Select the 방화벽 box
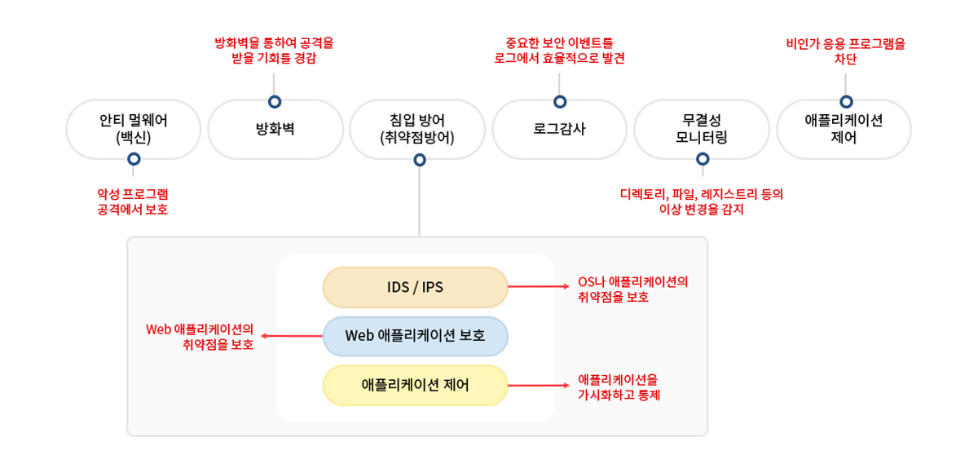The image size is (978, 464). (x=275, y=129)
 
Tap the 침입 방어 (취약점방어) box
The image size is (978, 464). (x=417, y=129)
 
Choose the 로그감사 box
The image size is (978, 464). (x=559, y=129)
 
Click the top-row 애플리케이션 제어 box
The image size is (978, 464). (x=844, y=129)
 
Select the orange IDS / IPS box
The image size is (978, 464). (x=415, y=287)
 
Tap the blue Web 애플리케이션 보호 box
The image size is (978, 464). (x=415, y=336)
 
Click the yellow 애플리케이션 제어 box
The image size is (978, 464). (x=415, y=385)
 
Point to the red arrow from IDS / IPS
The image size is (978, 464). (x=538, y=287)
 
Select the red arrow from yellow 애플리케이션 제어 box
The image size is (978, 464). (x=538, y=385)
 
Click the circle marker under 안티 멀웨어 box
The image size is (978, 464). (x=134, y=160)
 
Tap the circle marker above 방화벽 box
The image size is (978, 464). (x=275, y=102)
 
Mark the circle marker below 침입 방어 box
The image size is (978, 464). (x=419, y=160)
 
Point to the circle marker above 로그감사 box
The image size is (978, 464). (x=559, y=102)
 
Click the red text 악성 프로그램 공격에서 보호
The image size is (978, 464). (x=133, y=202)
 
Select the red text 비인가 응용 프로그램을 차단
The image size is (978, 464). (x=845, y=51)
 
